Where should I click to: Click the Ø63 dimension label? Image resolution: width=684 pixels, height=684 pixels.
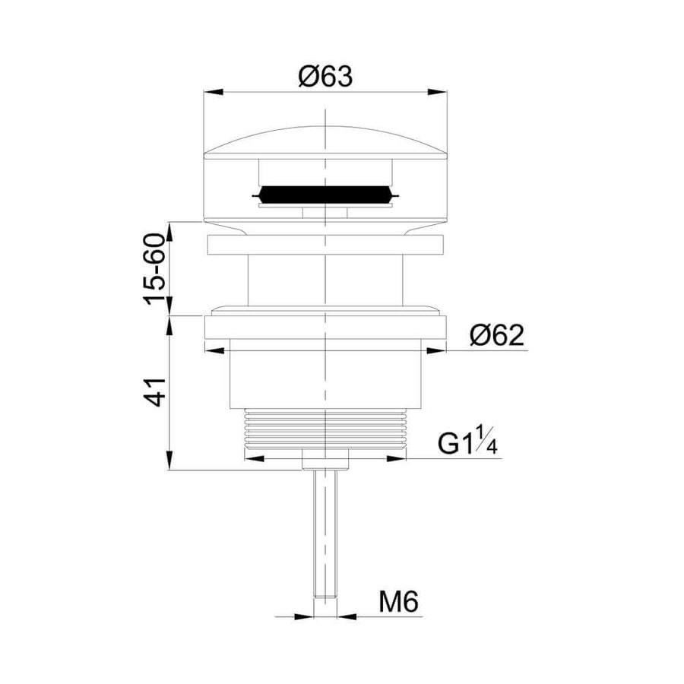(325, 77)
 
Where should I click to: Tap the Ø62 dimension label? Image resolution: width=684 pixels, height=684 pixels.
(497, 335)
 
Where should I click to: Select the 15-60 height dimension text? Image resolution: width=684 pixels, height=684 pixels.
(155, 269)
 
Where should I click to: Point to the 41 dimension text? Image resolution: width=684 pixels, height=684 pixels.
(155, 392)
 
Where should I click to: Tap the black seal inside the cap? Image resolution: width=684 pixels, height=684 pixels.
(325, 195)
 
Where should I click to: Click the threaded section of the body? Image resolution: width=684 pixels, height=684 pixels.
(325, 429)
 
